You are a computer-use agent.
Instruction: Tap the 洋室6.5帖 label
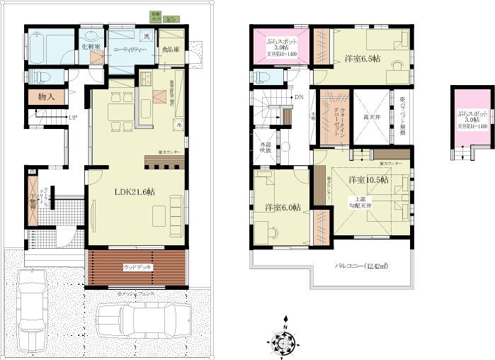[363, 59]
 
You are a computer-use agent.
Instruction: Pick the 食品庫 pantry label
[171, 50]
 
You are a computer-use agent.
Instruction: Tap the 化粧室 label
[91, 46]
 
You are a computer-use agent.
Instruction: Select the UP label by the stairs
[72, 118]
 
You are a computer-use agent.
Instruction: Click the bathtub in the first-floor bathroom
[50, 48]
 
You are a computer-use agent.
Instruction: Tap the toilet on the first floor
[38, 76]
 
